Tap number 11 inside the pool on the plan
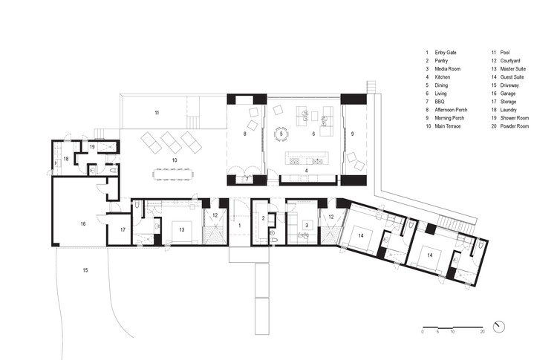click(x=157, y=113)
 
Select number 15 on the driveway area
click(x=85, y=270)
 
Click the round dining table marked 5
click(x=281, y=134)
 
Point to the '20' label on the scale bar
click(x=482, y=332)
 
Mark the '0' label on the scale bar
click(x=423, y=332)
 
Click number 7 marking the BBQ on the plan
click(x=247, y=180)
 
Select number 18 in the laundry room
click(x=65, y=159)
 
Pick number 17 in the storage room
click(x=123, y=230)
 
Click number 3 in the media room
click(x=306, y=224)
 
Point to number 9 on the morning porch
click(x=353, y=134)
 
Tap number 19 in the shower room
click(x=92, y=147)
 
